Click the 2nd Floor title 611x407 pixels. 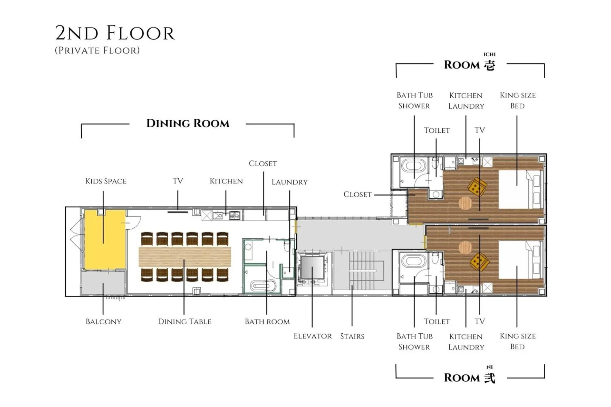pyautogui.click(x=115, y=33)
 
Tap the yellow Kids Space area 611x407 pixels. pyautogui.click(x=105, y=239)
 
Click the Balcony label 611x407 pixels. pyautogui.click(x=103, y=322)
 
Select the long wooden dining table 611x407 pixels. pyautogui.click(x=185, y=257)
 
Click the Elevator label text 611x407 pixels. pyautogui.click(x=312, y=336)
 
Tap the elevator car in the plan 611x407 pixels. pyautogui.click(x=312, y=267)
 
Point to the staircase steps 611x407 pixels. pyautogui.click(x=362, y=270)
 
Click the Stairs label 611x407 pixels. pyautogui.click(x=352, y=337)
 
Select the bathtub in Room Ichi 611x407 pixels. pyautogui.click(x=413, y=166)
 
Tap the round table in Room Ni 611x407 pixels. pyautogui.click(x=465, y=247)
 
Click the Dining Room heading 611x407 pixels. pyautogui.click(x=188, y=124)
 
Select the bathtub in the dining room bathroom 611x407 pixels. pyautogui.click(x=262, y=286)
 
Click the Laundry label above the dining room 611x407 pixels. pyautogui.click(x=289, y=182)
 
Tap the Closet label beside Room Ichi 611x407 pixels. pyautogui.click(x=357, y=195)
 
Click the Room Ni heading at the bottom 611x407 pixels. pyautogui.click(x=469, y=378)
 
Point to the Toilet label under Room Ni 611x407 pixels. pyautogui.click(x=437, y=322)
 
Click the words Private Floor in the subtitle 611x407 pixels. pyautogui.click(x=97, y=50)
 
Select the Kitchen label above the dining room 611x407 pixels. pyautogui.click(x=226, y=181)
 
